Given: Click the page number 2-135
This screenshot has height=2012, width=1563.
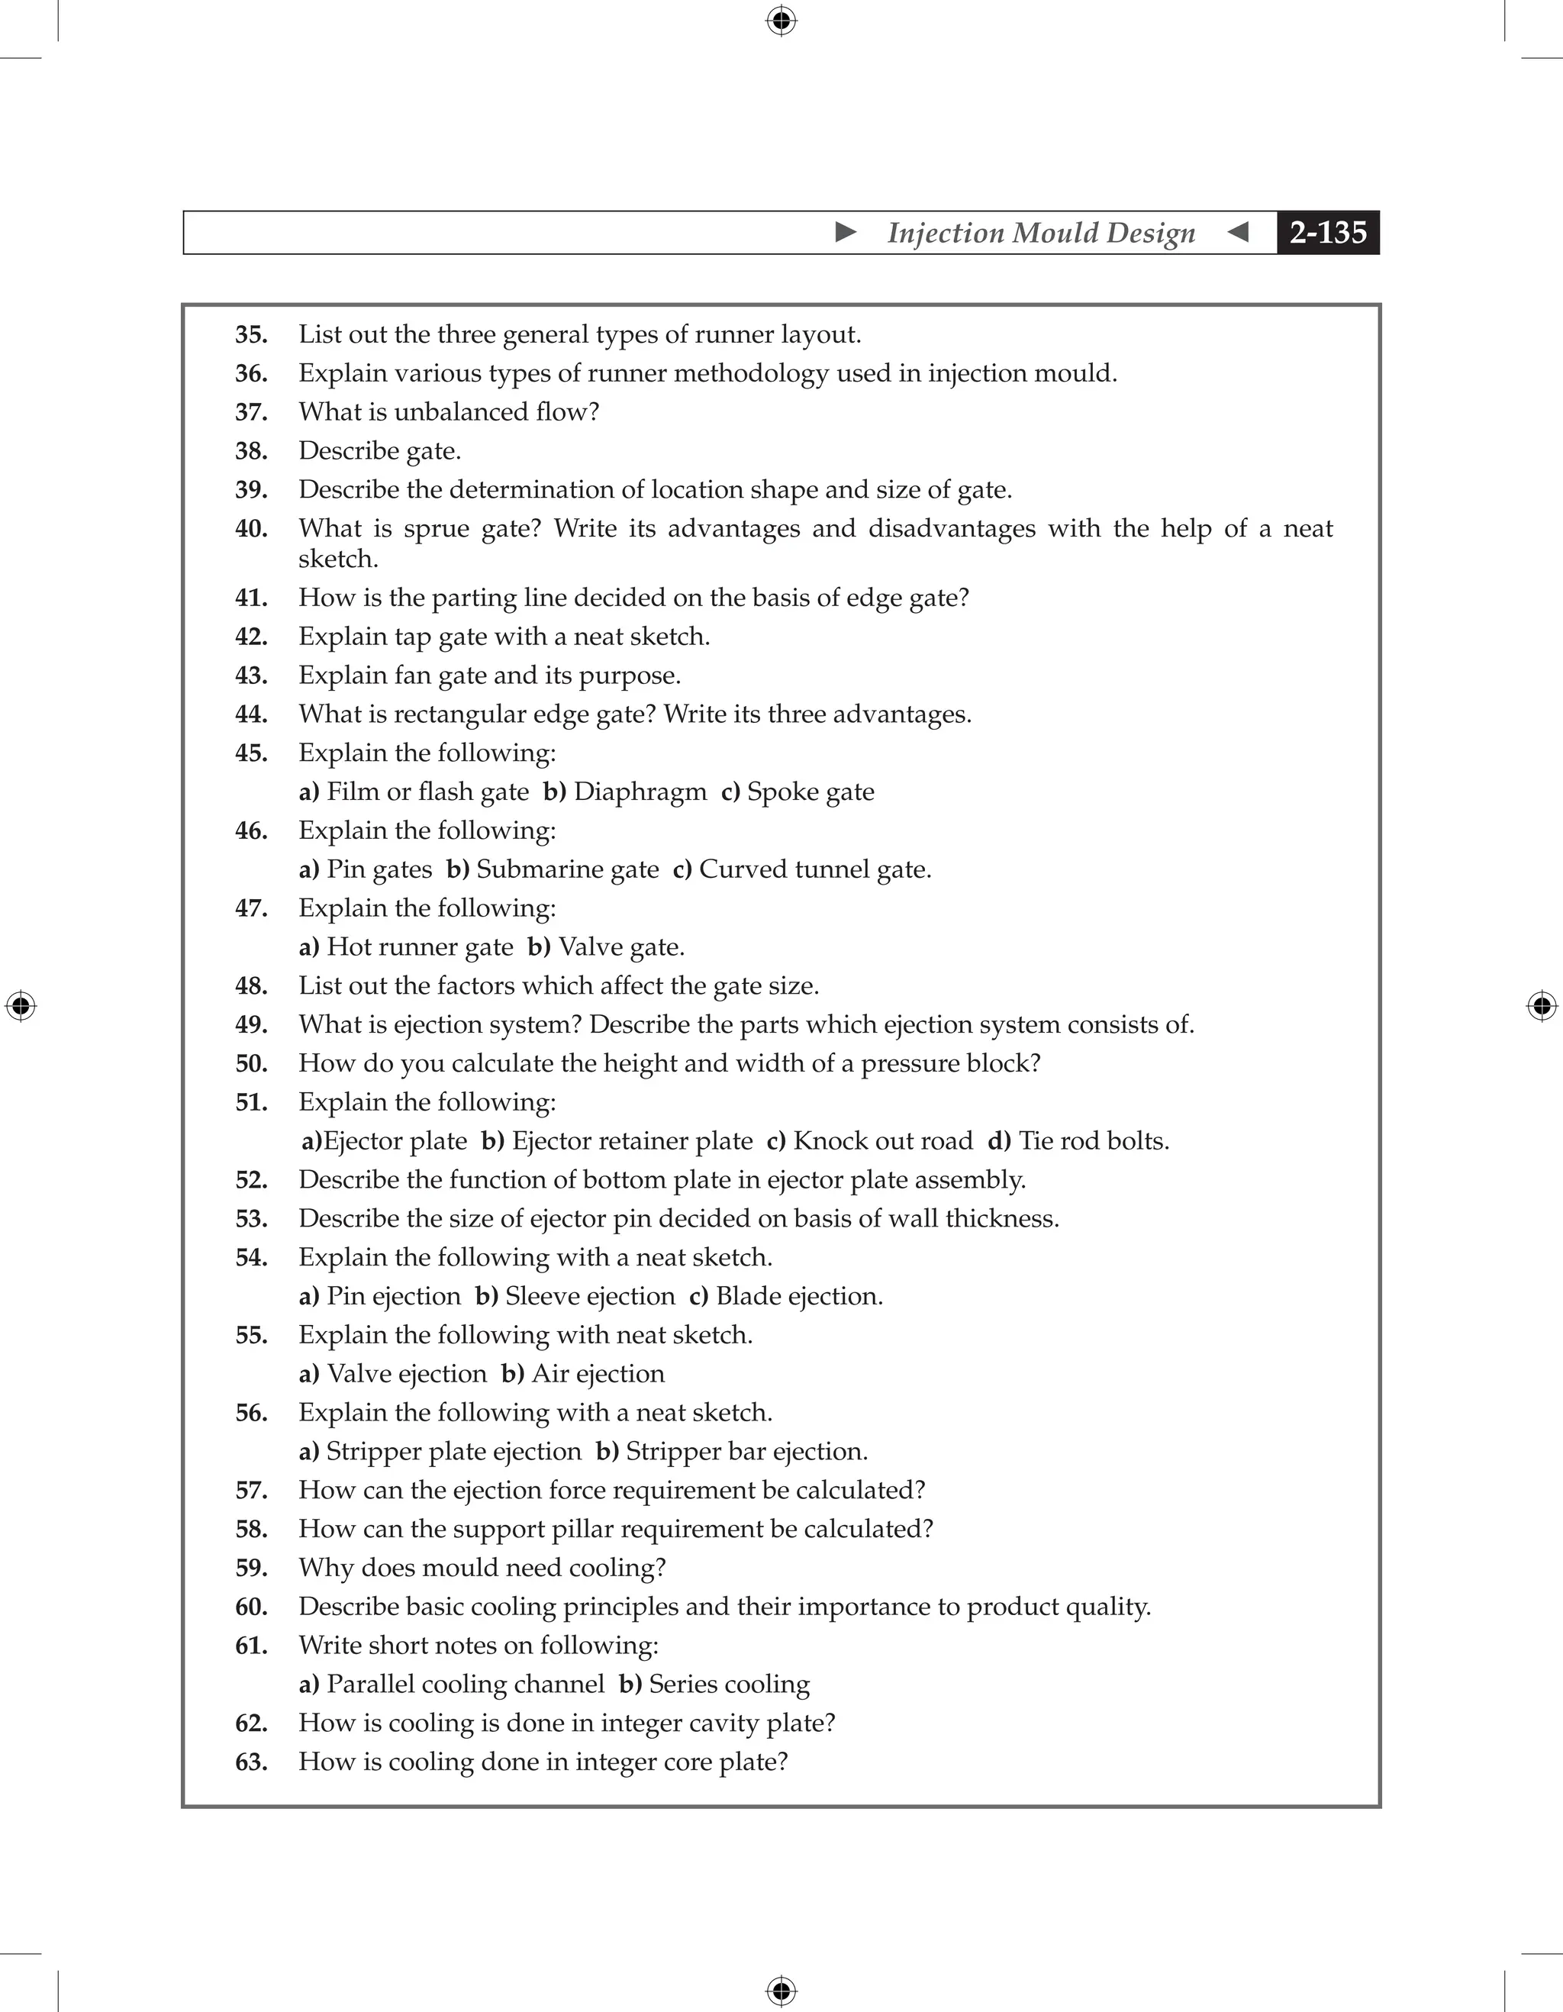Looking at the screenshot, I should click(x=1327, y=232).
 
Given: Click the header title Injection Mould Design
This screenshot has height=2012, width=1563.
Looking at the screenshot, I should click(x=1041, y=232).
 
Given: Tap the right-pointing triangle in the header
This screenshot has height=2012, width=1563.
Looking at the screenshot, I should click(x=846, y=232).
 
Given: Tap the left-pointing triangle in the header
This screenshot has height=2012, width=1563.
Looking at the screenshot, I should click(x=1239, y=232).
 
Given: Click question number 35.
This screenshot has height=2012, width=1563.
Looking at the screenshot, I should click(x=250, y=334).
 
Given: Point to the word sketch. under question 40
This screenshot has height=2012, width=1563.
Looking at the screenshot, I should click(x=338, y=559).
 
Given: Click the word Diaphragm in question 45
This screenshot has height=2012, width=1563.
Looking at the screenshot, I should click(x=640, y=792).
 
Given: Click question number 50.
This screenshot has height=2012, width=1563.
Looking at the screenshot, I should click(x=250, y=1064).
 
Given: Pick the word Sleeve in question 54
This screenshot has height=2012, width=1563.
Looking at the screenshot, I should click(x=542, y=1296).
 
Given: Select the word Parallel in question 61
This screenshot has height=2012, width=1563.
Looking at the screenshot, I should click(x=373, y=1684).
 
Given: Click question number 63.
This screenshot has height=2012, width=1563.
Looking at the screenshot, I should click(x=250, y=1762).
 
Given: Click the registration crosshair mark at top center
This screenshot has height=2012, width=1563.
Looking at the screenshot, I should click(x=781, y=21).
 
